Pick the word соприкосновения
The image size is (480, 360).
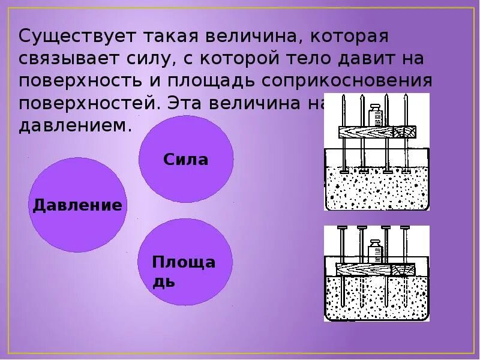(367, 81)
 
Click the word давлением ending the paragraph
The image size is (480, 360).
(74, 126)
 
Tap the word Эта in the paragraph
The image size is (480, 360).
(182, 103)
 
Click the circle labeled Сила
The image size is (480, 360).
(186, 160)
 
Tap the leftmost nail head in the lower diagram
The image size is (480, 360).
(342, 229)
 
